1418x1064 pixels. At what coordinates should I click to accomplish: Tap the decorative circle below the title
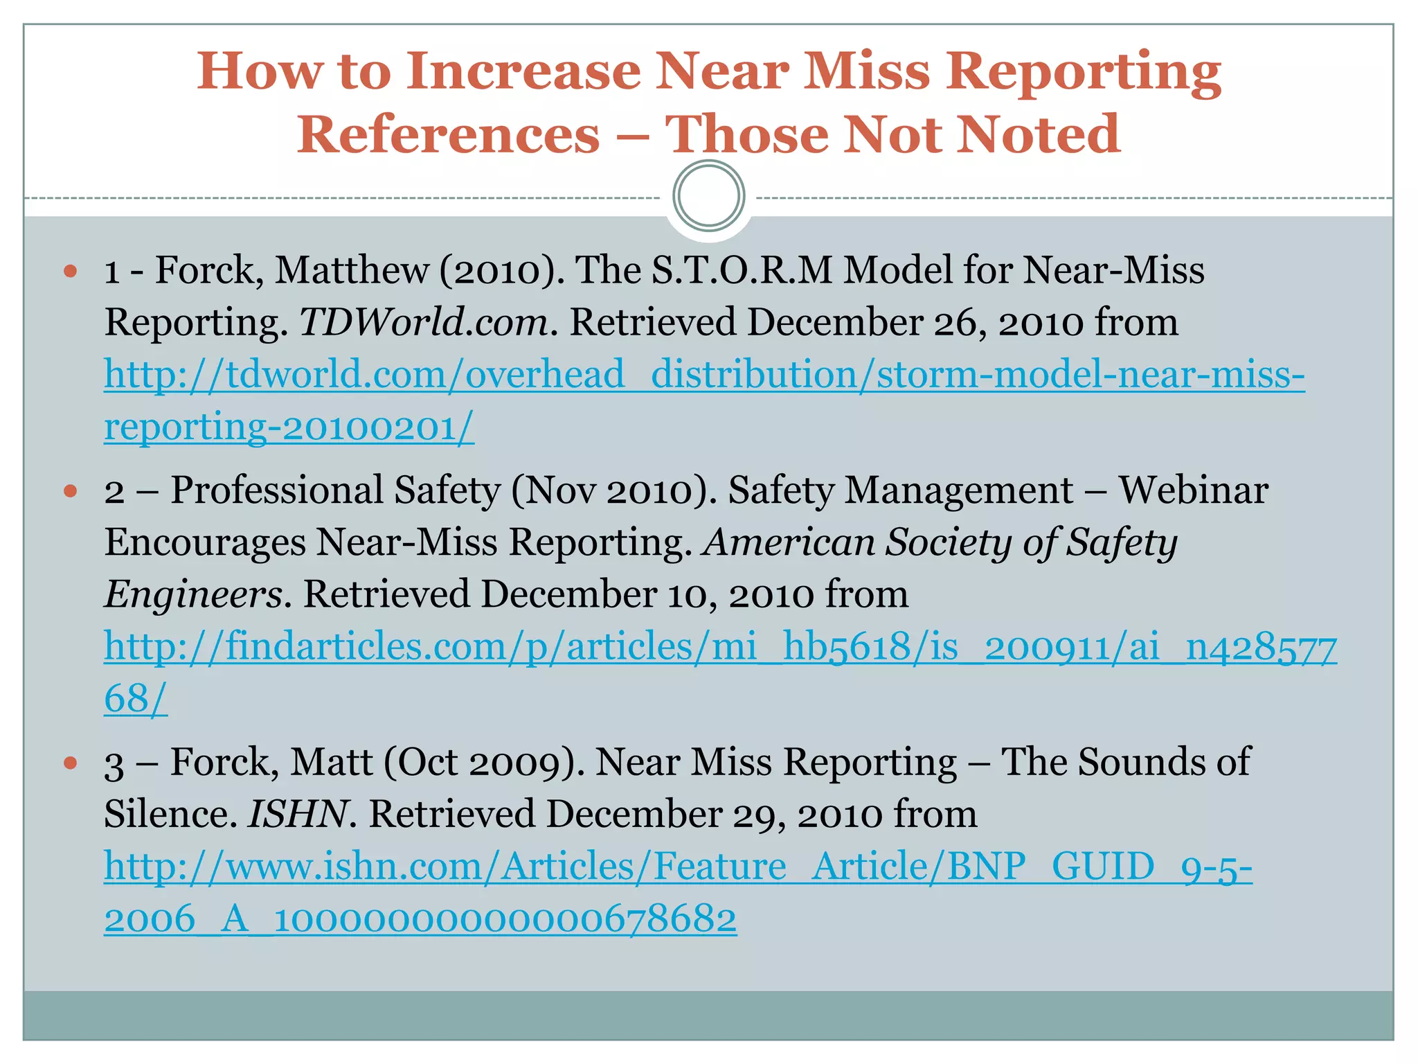coord(708,196)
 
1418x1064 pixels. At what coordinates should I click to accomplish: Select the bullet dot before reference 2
coord(70,491)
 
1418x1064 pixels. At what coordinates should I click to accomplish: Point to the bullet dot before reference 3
coord(70,763)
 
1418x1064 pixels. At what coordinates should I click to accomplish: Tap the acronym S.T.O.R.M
coord(742,270)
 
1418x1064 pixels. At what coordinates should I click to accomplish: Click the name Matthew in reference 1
coord(352,270)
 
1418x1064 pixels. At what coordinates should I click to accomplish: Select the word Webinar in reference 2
coord(1194,490)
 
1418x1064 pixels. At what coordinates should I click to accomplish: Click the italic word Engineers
coord(193,595)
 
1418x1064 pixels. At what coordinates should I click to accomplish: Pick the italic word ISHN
coord(297,815)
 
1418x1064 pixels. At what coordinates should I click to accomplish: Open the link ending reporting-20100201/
coord(289,427)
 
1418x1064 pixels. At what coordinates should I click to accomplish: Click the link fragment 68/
coord(136,699)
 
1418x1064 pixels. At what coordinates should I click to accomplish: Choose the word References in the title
coord(449,134)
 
